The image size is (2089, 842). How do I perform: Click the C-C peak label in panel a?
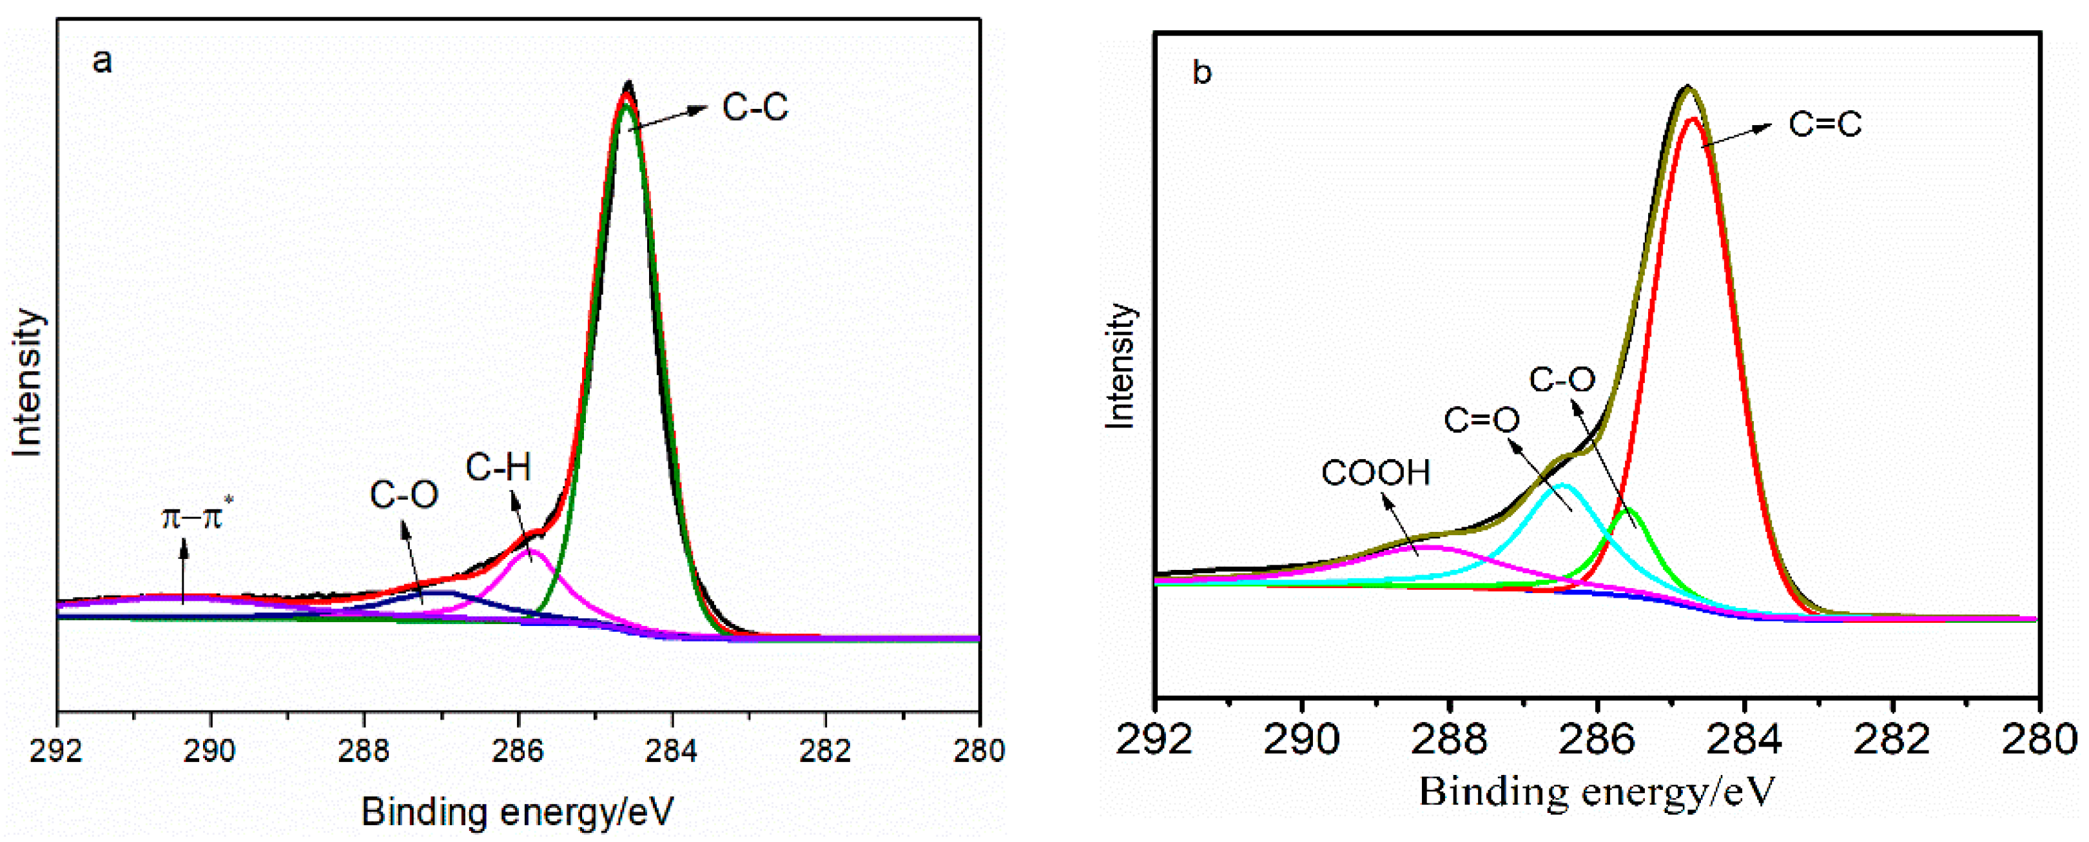coord(754,108)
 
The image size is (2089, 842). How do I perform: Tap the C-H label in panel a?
coord(498,468)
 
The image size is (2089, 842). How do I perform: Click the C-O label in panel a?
coord(404,494)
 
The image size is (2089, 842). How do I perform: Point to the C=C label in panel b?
coord(1825,125)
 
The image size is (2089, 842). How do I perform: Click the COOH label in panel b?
coord(1375,473)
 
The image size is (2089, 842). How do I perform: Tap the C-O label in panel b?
coord(1562,380)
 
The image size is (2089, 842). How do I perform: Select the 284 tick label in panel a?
coord(672,750)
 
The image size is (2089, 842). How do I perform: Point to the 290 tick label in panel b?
coord(1301,739)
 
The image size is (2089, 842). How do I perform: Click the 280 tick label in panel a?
coord(979,750)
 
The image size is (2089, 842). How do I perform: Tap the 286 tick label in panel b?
coord(1597,739)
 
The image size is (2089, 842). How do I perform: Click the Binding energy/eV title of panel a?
coord(518,811)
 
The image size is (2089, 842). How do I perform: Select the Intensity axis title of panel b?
coord(1120,366)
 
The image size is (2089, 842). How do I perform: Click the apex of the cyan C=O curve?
coord(1564,485)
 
